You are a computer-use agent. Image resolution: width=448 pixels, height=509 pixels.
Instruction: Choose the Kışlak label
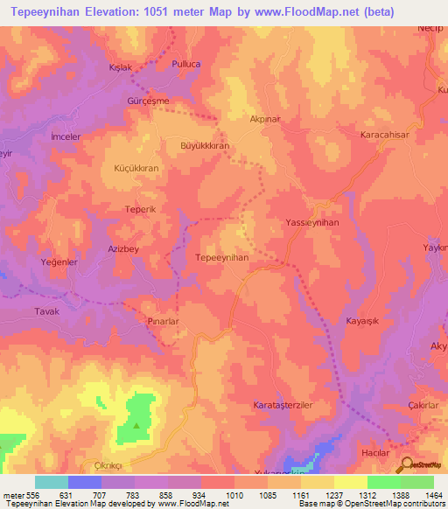[x=119, y=67]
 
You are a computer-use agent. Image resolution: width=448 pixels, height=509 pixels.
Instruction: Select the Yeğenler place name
[x=60, y=261]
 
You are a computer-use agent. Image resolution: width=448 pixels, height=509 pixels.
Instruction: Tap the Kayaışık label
[x=365, y=321]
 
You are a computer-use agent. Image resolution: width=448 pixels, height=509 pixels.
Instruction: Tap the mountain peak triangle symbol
[x=136, y=426]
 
